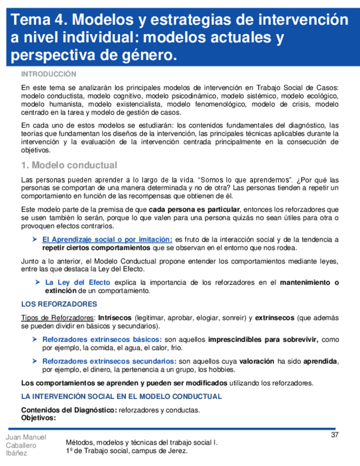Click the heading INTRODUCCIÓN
[48, 74]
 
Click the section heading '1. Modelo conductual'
[69, 165]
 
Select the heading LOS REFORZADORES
[59, 304]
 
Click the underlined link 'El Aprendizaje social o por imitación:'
[107, 239]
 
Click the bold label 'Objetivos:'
[38, 417]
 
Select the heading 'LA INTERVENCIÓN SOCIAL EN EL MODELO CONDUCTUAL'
[121, 396]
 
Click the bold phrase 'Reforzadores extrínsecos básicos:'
[102, 340]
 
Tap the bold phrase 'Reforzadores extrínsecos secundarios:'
[109, 361]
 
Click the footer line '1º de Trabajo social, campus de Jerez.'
[126, 451]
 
